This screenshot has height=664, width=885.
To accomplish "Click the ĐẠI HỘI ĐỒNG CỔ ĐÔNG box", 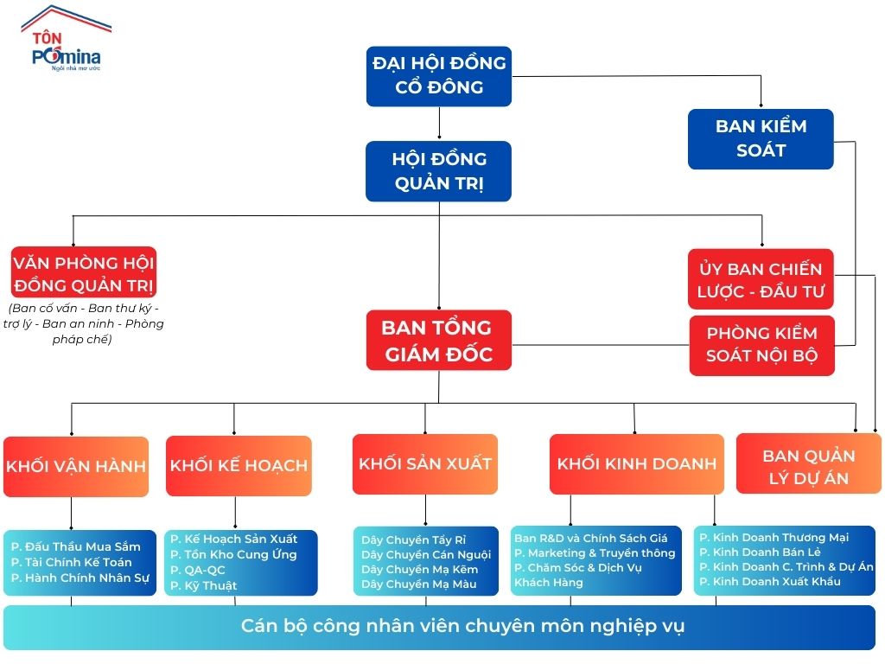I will tap(439, 76).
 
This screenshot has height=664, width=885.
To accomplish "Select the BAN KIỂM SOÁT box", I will tap(761, 138).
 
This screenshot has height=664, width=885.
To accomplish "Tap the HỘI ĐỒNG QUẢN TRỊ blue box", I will tap(439, 171).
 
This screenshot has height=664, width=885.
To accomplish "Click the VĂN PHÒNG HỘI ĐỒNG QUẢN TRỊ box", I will tap(84, 273).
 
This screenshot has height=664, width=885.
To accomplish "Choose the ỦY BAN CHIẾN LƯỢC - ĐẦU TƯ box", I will tap(761, 279).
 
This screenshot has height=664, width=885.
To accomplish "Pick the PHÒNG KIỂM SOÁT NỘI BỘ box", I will tap(761, 345).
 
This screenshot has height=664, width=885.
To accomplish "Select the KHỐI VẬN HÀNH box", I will tap(76, 466).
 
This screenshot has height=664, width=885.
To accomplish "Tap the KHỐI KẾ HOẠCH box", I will tap(239, 466).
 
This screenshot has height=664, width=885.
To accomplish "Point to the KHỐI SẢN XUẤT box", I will tap(425, 463).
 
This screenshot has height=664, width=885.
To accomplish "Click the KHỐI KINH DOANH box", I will tap(637, 463).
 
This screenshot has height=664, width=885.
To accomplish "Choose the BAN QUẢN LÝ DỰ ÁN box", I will tap(808, 467).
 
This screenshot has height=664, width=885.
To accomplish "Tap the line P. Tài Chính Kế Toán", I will tap(72, 562).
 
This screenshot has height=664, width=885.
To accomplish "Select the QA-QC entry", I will tap(198, 570).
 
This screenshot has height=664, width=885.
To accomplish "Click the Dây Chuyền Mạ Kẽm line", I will tap(419, 569).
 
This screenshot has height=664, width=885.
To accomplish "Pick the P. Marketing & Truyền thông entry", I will tap(595, 552).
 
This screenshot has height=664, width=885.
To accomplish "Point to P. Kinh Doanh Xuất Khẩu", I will tap(770, 581).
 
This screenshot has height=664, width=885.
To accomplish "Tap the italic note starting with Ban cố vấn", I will tap(86, 323).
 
